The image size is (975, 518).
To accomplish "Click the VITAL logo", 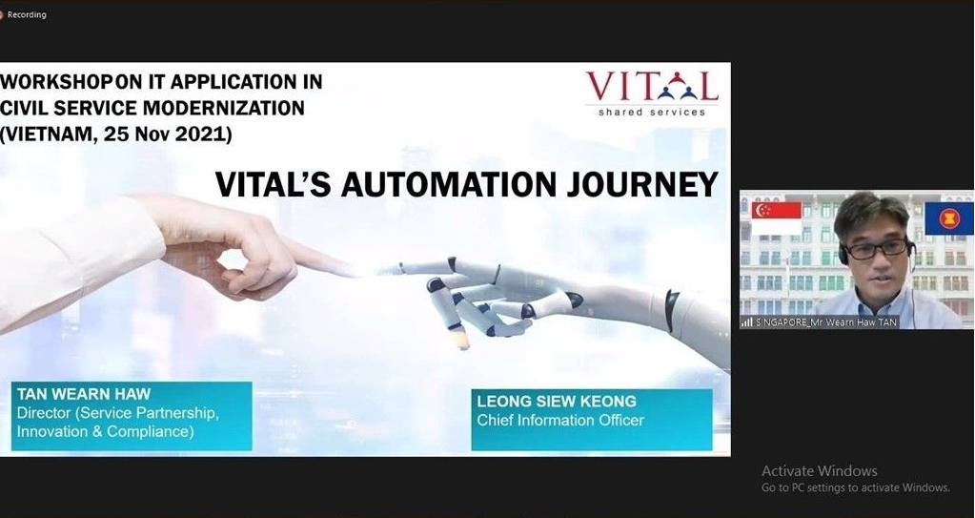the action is point(652,93).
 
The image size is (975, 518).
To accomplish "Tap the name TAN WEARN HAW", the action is point(84,394).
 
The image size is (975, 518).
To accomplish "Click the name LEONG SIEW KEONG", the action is point(557,402).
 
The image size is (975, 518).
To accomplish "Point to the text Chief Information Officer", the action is point(560,421).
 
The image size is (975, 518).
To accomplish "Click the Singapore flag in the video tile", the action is point(777,218).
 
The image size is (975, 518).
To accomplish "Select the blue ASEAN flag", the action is point(949,218).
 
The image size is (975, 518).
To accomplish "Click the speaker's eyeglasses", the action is point(878,249).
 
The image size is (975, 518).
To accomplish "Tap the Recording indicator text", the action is point(27,14).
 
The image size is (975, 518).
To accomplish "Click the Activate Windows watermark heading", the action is point(820,470).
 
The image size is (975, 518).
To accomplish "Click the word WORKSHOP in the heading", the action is point(55,81).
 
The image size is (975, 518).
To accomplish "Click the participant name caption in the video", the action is point(826,322).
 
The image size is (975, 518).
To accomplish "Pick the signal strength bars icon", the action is point(747,322).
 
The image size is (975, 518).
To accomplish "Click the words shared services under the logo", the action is point(652,112).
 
